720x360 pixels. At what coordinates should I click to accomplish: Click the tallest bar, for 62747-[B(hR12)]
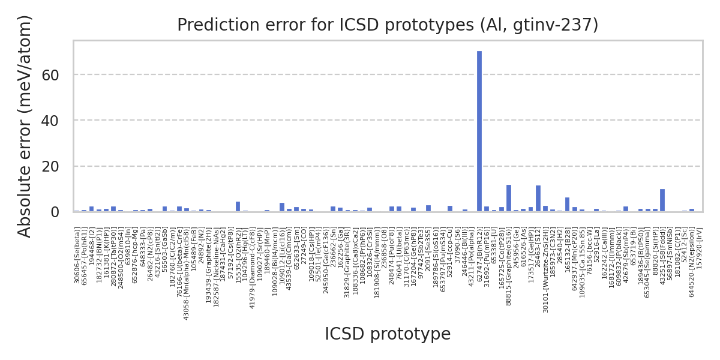[x=479, y=131]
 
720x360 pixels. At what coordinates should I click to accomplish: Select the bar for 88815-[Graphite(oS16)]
[x=509, y=199]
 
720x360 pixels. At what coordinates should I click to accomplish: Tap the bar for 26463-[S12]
[x=538, y=199]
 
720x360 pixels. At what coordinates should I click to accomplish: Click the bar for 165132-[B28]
[x=567, y=205]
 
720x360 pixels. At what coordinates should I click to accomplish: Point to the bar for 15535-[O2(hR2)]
[x=238, y=206]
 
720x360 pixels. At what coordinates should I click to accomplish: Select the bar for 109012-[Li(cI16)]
[x=282, y=207]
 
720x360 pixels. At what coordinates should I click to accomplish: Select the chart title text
[x=388, y=25]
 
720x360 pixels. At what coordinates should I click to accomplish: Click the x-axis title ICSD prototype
[x=388, y=334]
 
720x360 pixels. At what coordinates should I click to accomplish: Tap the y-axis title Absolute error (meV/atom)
[x=25, y=126]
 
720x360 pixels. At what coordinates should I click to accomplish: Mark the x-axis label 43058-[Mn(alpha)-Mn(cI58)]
[x=187, y=274]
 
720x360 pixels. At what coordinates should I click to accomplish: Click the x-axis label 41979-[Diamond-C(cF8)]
[x=253, y=268]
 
